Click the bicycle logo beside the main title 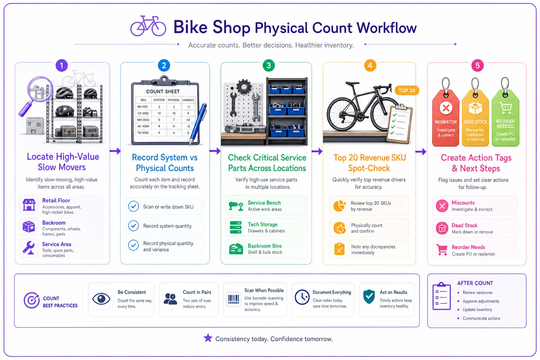pyautogui.click(x=148, y=26)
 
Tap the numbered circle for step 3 pyautogui.click(x=269, y=65)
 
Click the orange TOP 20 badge pyautogui.click(x=407, y=90)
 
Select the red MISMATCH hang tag pyautogui.click(x=446, y=112)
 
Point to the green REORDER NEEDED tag pyautogui.click(x=505, y=112)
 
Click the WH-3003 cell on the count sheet pyautogui.click(x=143, y=120)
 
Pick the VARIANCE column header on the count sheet pyautogui.click(x=188, y=100)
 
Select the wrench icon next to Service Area pyautogui.click(x=29, y=248)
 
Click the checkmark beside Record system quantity pyautogui.click(x=133, y=226)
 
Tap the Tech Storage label pyautogui.click(x=263, y=225)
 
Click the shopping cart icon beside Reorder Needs pyautogui.click(x=442, y=250)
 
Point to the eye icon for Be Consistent pyautogui.click(x=101, y=299)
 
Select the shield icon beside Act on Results pyautogui.click(x=369, y=297)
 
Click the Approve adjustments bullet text pyautogui.click(x=481, y=301)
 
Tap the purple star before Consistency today pyautogui.click(x=208, y=338)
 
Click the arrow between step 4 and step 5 pyautogui.click(x=421, y=152)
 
